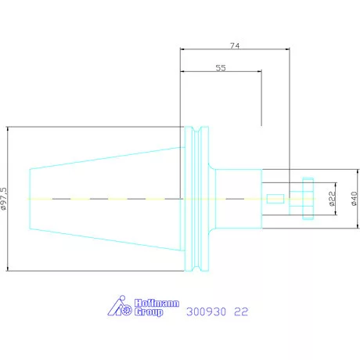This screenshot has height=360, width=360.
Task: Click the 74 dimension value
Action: pyautogui.click(x=235, y=45)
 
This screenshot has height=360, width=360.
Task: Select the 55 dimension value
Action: pyautogui.click(x=221, y=68)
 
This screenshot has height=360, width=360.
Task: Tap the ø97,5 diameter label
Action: pyautogui.click(x=4, y=199)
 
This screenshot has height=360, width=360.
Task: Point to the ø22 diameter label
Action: pyautogui.click(x=332, y=199)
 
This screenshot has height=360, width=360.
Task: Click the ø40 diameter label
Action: pyautogui.click(x=354, y=199)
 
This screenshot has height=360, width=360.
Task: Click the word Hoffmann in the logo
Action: pyautogui.click(x=157, y=303)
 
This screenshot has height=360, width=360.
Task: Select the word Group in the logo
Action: pyautogui.click(x=149, y=312)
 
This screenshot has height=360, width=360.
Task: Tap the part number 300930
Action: pyautogui.click(x=206, y=311)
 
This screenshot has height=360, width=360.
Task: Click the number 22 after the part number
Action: pyautogui.click(x=241, y=311)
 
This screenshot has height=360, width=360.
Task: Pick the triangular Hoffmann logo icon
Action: pyautogui.click(x=120, y=306)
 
